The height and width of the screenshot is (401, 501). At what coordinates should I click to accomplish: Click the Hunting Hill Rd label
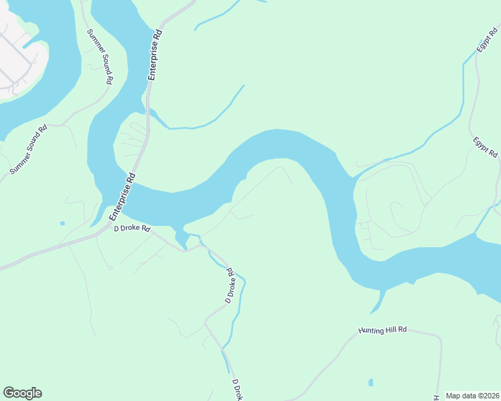(383, 329)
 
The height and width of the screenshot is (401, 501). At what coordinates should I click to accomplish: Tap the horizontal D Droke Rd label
(132, 229)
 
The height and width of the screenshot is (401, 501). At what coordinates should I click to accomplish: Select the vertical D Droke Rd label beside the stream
(229, 285)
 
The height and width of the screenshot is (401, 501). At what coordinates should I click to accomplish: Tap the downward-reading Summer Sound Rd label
(99, 56)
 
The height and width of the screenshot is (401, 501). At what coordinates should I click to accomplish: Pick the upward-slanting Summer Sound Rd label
(28, 150)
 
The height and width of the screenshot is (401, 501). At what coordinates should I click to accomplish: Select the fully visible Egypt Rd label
(485, 147)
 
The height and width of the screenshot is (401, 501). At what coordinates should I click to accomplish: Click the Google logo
(22, 393)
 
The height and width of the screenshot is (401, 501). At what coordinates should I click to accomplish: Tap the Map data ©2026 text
(472, 396)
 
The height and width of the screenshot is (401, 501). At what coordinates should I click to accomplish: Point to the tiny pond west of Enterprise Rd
(62, 223)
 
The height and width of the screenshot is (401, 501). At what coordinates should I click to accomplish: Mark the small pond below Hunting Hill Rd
(370, 383)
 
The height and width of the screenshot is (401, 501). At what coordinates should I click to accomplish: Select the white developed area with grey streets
(17, 60)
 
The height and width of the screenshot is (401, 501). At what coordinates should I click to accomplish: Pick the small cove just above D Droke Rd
(181, 237)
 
